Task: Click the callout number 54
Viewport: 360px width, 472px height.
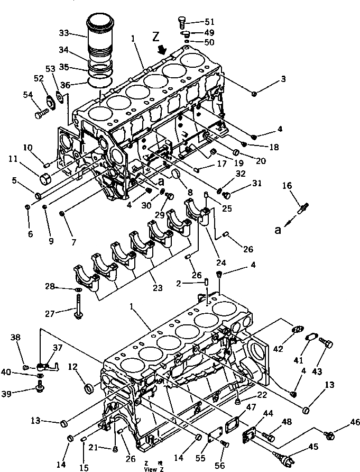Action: pyautogui.click(x=28, y=94)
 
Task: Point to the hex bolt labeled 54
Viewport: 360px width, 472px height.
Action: pyautogui.click(x=41, y=113)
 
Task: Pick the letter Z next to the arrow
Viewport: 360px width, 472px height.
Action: pyautogui.click(x=155, y=38)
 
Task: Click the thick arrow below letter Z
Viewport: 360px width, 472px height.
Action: pyautogui.click(x=163, y=50)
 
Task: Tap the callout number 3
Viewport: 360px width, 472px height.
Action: pyautogui.click(x=283, y=79)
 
